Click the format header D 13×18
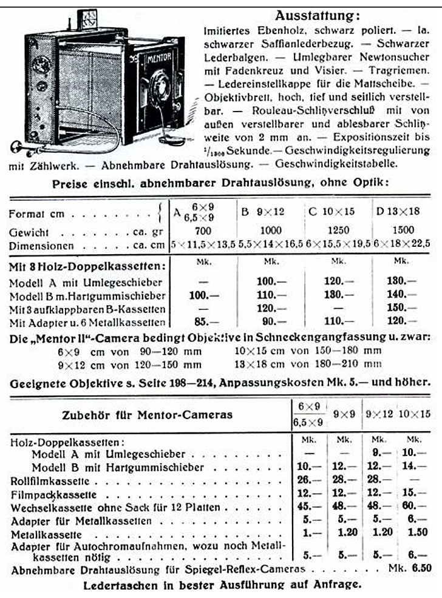[x=399, y=212]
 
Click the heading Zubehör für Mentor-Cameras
[x=148, y=415]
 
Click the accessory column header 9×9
[x=345, y=414]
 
